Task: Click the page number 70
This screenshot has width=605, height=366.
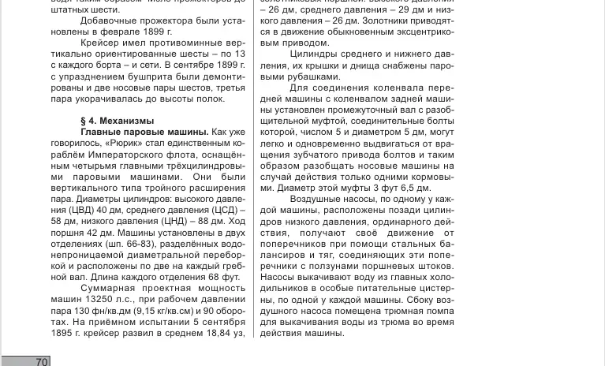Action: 42,361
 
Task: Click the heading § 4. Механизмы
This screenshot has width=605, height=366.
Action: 118,121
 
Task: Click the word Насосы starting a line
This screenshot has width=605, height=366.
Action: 278,278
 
